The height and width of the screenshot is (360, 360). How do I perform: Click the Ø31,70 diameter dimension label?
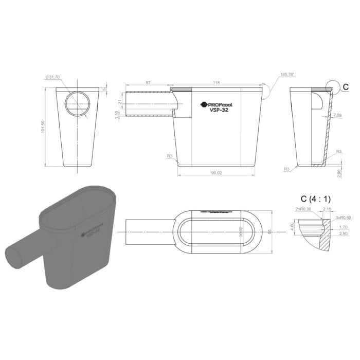click(52, 77)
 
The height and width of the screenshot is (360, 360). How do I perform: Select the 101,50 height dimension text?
click(45, 127)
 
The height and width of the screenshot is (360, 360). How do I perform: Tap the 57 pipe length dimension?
click(148, 82)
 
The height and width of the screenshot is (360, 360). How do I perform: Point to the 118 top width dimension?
click(216, 82)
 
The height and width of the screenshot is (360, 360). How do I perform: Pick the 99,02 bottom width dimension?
click(215, 173)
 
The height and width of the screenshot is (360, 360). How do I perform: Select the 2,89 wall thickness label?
click(337, 115)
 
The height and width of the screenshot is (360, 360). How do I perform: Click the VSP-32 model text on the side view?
click(219, 110)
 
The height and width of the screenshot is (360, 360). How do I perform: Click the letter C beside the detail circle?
click(346, 86)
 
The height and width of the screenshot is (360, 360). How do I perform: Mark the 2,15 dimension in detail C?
click(327, 209)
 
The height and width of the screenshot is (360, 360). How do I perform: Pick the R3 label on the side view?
click(169, 155)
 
